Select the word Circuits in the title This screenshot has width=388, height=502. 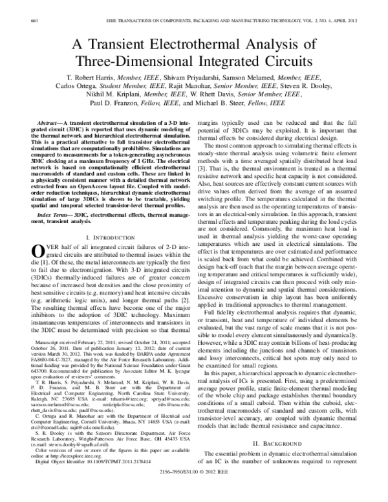(279, 61)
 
